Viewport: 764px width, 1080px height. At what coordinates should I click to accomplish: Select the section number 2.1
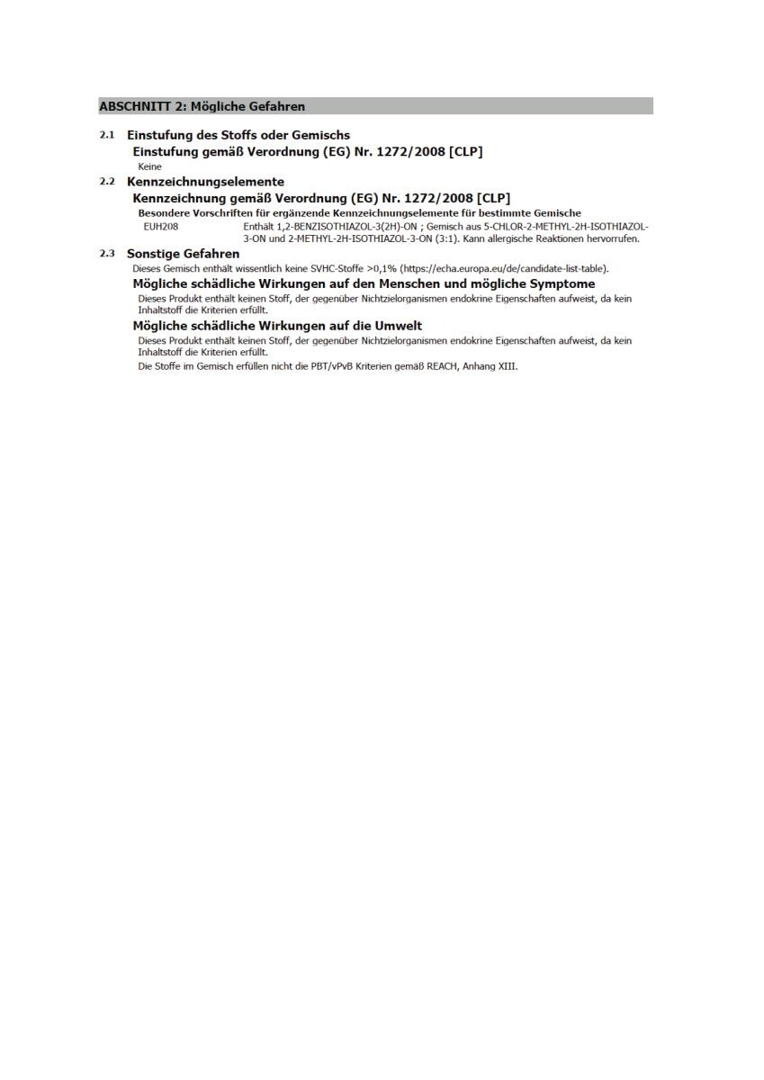pos(107,135)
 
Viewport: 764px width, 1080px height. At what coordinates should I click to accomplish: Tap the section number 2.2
pos(107,182)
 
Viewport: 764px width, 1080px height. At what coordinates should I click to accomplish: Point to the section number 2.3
pos(107,254)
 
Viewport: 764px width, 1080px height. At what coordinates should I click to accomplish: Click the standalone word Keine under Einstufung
pos(150,166)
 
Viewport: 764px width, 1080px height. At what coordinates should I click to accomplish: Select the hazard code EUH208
pos(161,227)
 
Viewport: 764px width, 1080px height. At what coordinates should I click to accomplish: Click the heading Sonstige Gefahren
pos(183,254)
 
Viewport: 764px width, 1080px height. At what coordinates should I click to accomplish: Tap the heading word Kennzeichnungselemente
pos(205,182)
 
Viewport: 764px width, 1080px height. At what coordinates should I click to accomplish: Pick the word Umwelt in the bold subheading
pos(397,325)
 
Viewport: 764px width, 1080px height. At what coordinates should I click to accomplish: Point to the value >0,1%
pos(382,268)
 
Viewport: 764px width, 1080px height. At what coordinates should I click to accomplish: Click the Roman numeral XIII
pos(508,366)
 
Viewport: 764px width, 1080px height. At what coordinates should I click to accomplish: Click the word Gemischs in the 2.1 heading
pos(320,135)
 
